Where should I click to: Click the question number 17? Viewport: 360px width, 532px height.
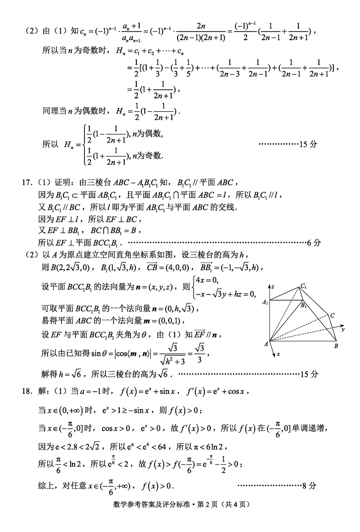(26, 183)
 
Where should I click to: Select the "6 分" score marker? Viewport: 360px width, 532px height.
(314, 242)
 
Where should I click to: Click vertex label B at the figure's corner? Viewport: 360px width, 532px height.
(336, 346)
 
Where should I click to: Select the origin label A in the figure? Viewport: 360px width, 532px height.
(266, 343)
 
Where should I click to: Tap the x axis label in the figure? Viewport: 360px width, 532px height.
(278, 354)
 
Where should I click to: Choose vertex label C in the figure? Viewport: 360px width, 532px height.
(332, 315)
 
